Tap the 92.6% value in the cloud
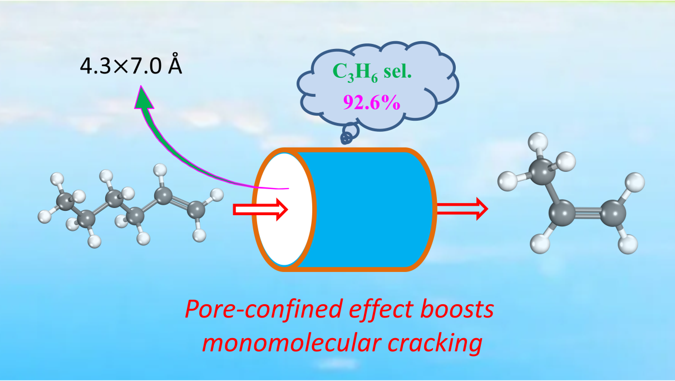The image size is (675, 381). click(372, 102)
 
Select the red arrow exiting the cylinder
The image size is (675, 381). click(461, 209)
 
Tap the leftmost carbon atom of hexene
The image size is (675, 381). click(66, 202)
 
